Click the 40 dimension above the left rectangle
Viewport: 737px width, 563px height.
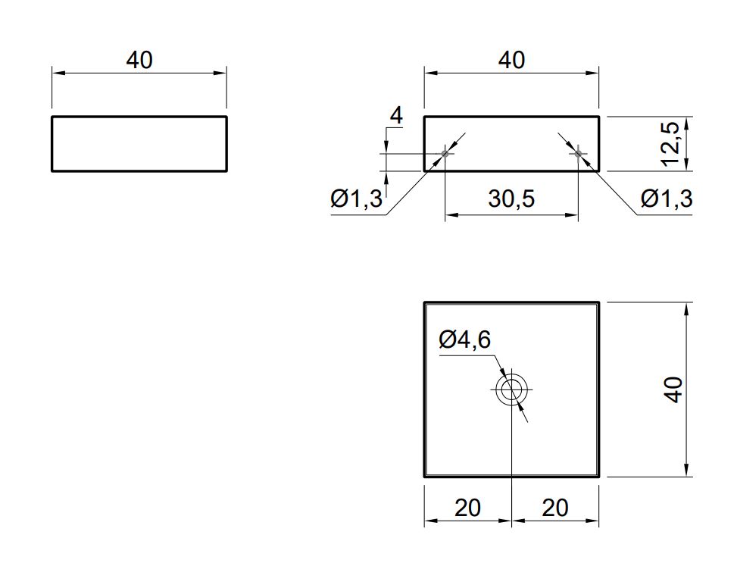139,60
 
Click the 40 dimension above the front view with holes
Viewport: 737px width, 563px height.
511,60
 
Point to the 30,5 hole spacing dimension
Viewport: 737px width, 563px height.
511,199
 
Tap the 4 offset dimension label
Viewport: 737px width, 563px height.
397,116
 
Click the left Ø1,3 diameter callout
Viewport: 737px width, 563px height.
357,199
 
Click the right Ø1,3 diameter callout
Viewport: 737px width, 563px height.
667,199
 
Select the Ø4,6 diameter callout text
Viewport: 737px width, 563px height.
465,339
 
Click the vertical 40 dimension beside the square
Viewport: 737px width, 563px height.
674,389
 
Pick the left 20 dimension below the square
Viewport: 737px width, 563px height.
467,508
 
